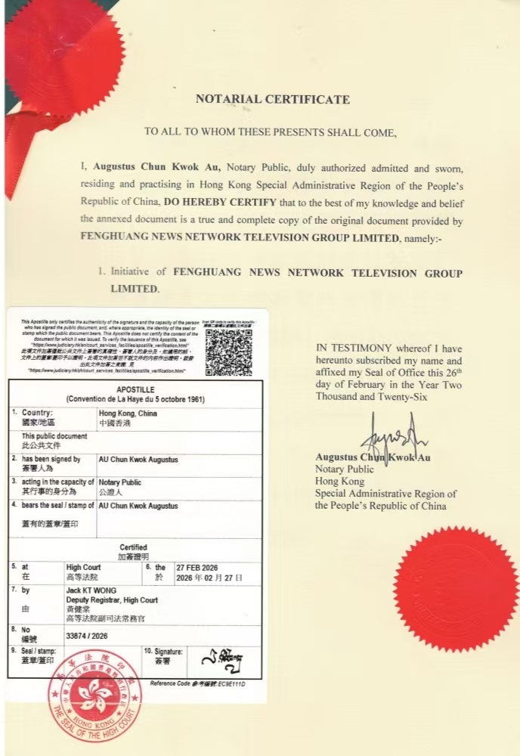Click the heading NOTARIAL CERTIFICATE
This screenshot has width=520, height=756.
[x=273, y=99]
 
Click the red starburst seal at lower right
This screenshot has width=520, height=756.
[x=456, y=589]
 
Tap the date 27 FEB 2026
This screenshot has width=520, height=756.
[x=197, y=567]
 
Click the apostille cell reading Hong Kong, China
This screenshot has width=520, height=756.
[x=128, y=414]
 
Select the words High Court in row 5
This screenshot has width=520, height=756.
[x=83, y=567]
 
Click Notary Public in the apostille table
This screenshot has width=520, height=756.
[x=120, y=482]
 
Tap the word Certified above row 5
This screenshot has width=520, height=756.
[x=133, y=547]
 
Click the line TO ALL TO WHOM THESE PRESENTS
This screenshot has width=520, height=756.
[x=271, y=132]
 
